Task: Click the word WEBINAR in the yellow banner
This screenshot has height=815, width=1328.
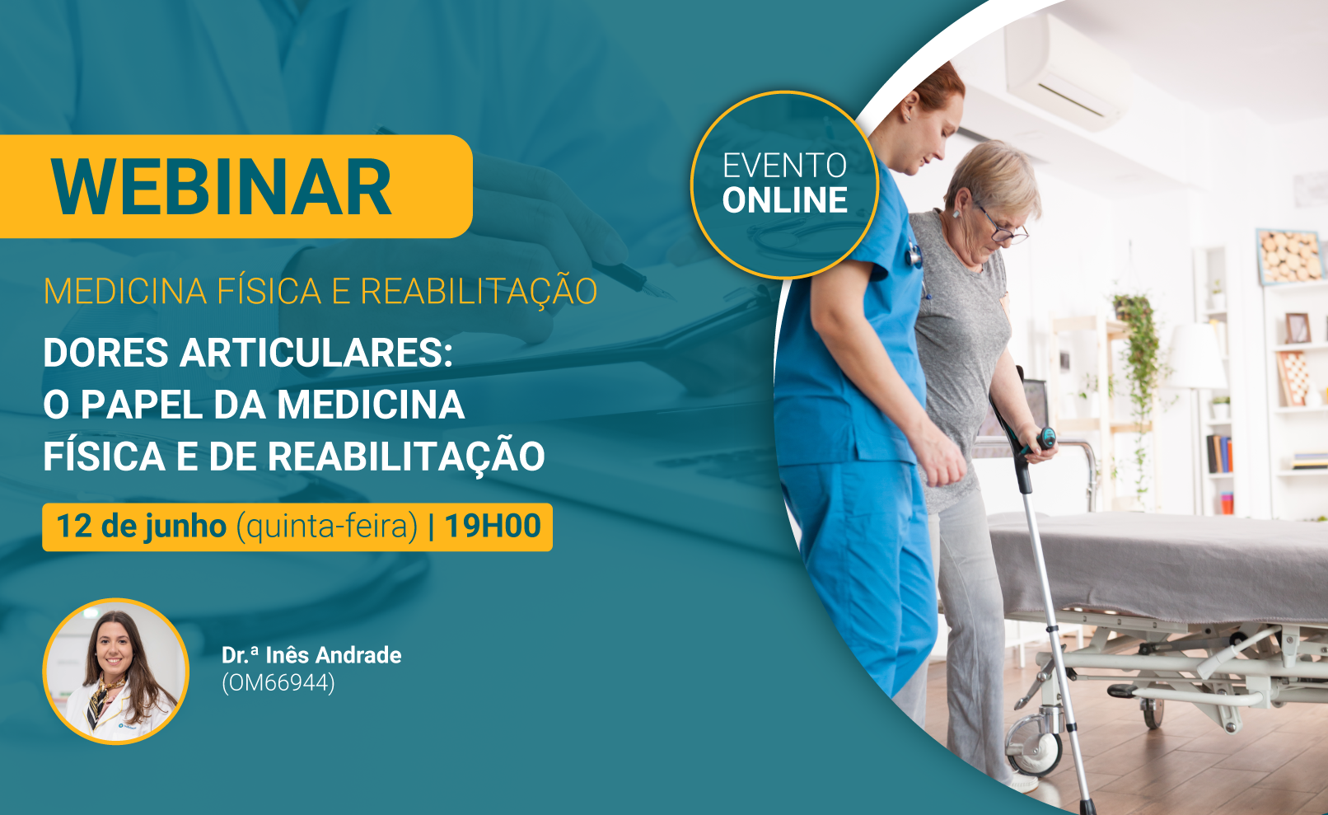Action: (x=221, y=187)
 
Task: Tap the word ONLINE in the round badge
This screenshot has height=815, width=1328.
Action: (x=785, y=200)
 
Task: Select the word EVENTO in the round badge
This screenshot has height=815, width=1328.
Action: (x=785, y=166)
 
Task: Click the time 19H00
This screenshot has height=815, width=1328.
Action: (x=493, y=526)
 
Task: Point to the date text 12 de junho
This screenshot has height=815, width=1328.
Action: (x=141, y=526)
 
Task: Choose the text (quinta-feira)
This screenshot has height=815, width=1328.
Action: (x=327, y=527)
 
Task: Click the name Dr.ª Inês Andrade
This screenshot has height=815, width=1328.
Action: (x=311, y=655)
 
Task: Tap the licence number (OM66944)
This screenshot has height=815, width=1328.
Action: (x=278, y=682)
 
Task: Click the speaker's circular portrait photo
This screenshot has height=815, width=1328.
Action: (x=115, y=671)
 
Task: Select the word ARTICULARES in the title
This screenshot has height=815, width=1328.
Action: (x=316, y=353)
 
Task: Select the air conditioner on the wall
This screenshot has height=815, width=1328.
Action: (x=1061, y=71)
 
